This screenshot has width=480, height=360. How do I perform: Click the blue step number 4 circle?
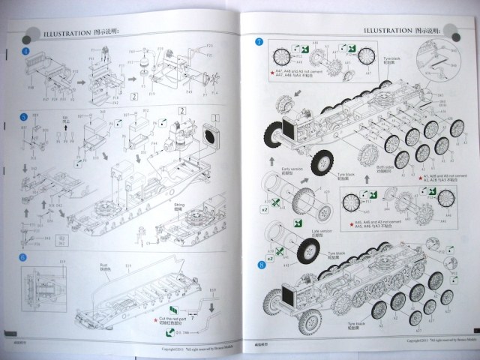click(x=25, y=50)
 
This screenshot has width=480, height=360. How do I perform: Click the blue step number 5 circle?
click(x=25, y=117)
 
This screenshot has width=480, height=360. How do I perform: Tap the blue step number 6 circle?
click(x=24, y=257)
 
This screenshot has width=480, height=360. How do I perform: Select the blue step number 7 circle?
click(x=259, y=42)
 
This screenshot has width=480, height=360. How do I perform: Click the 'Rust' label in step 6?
click(x=105, y=265)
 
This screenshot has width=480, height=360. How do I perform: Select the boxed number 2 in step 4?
click(x=133, y=97)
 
